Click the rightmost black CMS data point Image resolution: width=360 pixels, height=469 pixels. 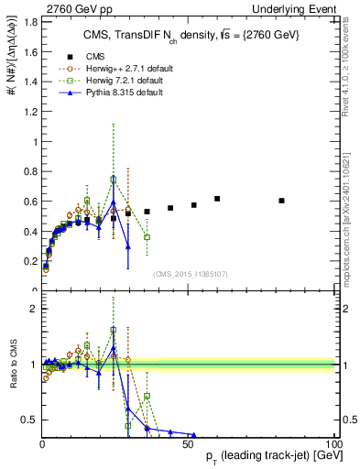pyautogui.click(x=281, y=201)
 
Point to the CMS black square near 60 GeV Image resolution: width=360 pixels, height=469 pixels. pyautogui.click(x=217, y=199)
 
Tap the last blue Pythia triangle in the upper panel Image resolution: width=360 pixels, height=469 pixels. pyautogui.click(x=128, y=246)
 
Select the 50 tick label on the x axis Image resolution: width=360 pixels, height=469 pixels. pyautogui.click(x=188, y=444)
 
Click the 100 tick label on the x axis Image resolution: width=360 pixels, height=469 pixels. pyautogui.click(x=333, y=444)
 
